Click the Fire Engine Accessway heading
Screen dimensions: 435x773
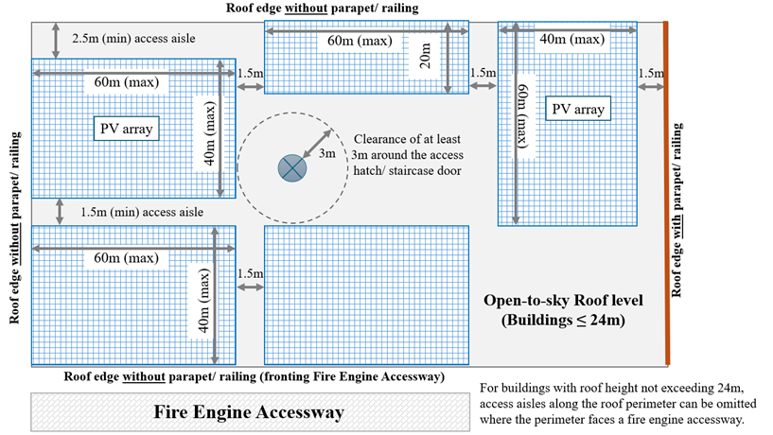pos(249,412)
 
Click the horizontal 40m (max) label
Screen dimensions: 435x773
pos(572,40)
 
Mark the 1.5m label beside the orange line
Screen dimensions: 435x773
pos(651,74)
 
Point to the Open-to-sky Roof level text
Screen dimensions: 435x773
pos(563,301)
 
